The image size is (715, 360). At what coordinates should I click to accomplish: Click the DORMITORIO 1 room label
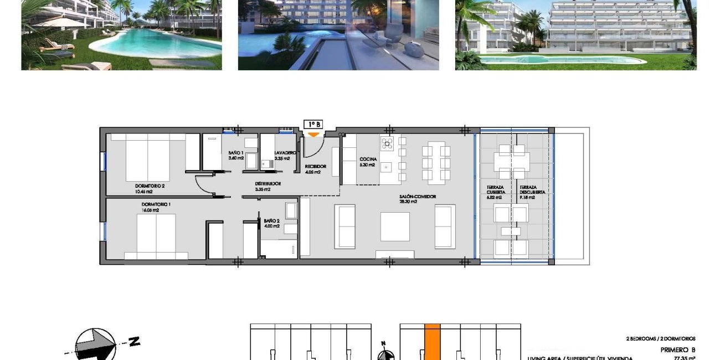tap(156, 204)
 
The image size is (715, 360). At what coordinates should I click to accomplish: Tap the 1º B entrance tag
tap(313, 125)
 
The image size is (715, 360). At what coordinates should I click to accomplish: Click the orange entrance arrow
tap(313, 134)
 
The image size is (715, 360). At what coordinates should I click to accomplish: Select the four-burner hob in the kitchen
tap(386, 143)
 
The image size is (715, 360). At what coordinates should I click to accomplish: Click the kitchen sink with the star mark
tap(386, 166)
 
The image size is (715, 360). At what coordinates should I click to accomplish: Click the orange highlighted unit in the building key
tap(433, 342)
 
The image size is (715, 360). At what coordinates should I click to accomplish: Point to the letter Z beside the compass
tap(135, 342)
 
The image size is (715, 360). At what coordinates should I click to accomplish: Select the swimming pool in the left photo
tap(161, 44)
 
